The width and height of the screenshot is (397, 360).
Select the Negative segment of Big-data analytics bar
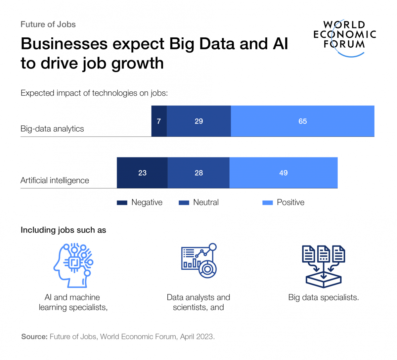159,121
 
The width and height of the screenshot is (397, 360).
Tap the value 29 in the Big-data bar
199,121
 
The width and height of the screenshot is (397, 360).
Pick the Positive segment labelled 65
302,121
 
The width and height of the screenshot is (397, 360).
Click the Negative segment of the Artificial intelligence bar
142,173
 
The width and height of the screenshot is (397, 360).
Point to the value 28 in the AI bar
199,173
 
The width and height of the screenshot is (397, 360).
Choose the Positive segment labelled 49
284,173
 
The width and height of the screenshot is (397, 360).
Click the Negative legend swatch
122,203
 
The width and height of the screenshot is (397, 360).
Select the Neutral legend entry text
206,202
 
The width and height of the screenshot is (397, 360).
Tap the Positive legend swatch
267,203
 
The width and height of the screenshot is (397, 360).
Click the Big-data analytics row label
52,129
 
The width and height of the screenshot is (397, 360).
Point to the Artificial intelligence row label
55,180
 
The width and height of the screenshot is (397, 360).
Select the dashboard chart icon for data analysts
199,261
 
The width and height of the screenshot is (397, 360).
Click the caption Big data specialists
323,297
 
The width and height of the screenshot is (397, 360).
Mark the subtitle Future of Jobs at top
48,24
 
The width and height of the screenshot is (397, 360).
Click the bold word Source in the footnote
34,337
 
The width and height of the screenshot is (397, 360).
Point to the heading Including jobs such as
63,230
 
